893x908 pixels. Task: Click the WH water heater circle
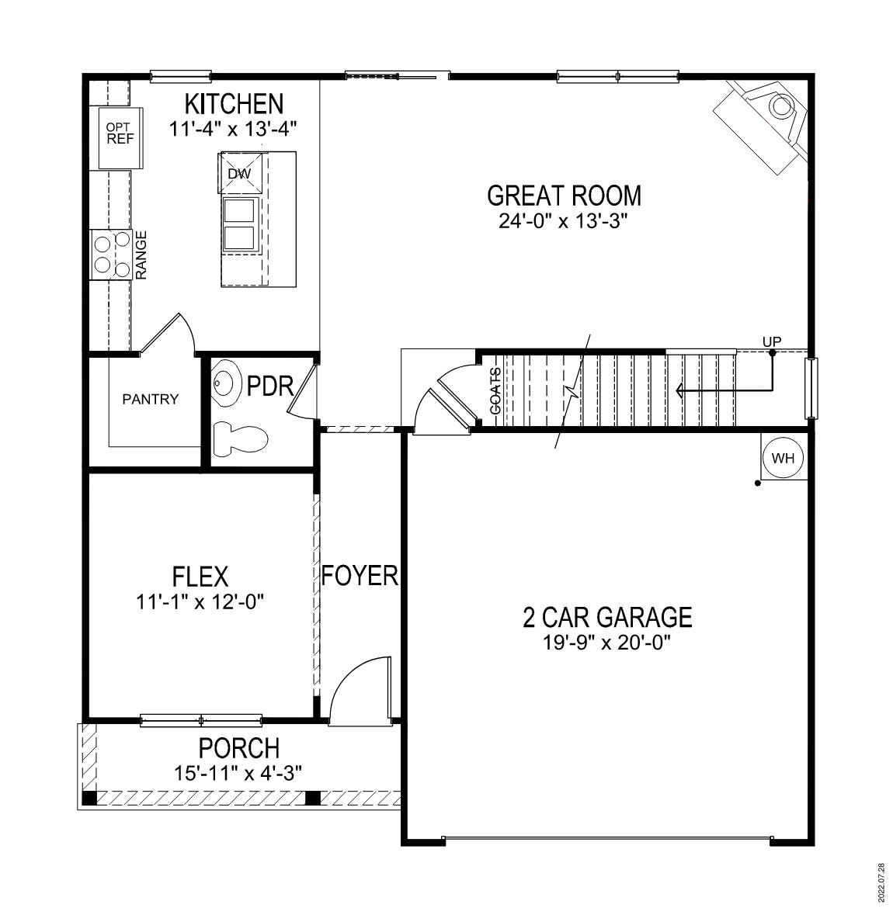pos(784,457)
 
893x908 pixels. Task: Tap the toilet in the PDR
pos(240,438)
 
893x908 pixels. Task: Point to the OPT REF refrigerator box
pos(120,134)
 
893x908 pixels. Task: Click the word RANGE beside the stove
pos(141,255)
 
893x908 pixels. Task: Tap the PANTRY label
pos(151,400)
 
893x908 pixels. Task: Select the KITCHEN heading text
pos(233,104)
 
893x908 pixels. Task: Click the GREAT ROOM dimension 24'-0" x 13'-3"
pos(563,221)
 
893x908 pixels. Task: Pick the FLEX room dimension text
pos(200,601)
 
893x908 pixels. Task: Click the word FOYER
pos(360,576)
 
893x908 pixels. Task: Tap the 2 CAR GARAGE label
pos(607,618)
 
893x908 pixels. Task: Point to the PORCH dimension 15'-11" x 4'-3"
pos(238,773)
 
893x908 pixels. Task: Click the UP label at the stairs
pos(772,341)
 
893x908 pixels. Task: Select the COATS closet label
pos(495,390)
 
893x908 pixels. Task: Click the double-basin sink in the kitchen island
pos(240,224)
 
